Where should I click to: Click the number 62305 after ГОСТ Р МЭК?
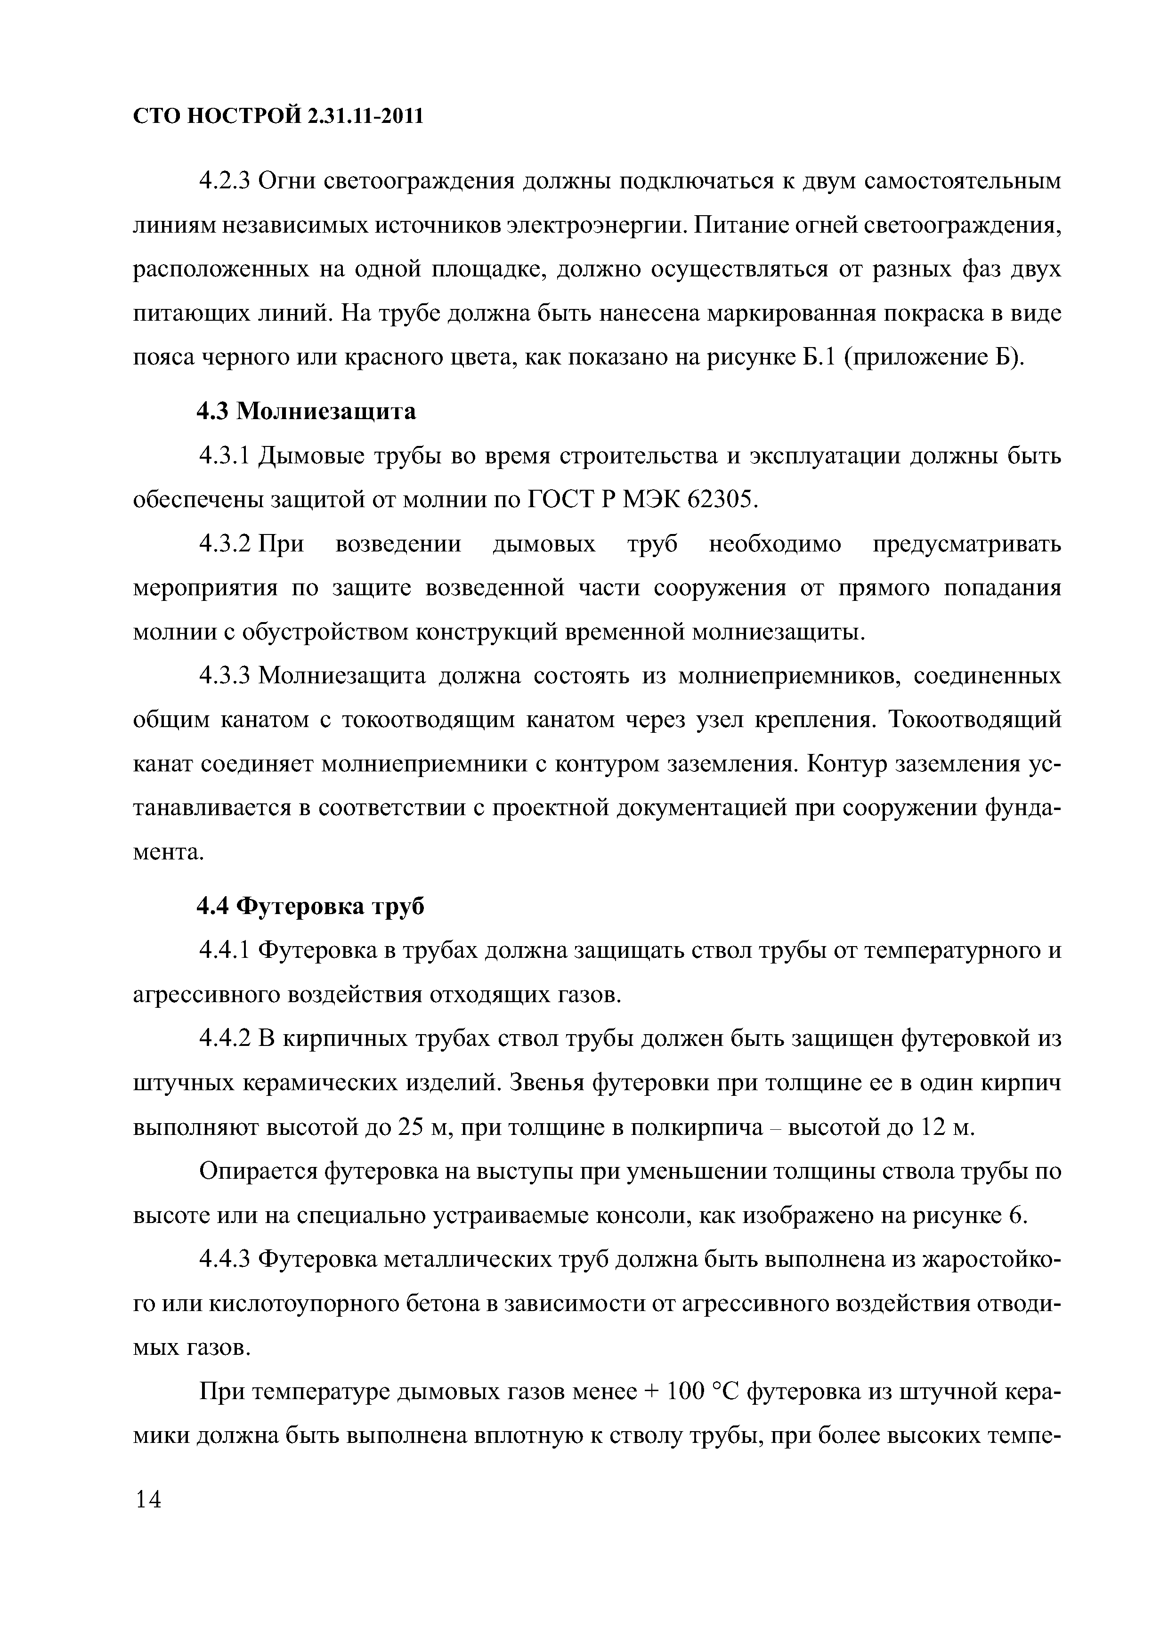coord(722,500)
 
